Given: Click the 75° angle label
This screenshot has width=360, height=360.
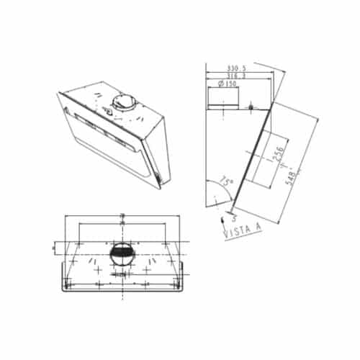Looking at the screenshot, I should (226, 183).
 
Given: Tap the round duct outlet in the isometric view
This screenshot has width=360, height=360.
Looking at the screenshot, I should (122, 102).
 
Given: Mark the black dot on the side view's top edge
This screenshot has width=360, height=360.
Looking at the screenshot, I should (250, 108).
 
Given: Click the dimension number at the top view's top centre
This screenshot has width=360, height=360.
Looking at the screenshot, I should (122, 215).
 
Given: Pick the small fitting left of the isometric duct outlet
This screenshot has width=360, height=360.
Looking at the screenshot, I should (107, 110).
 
